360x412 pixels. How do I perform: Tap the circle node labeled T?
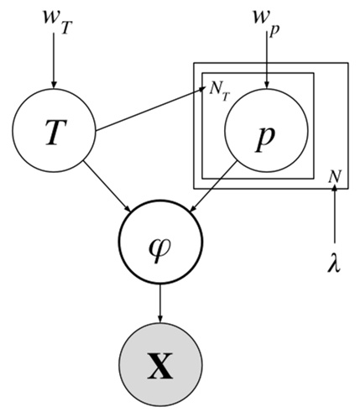click(54, 132)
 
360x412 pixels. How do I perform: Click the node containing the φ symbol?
click(159, 248)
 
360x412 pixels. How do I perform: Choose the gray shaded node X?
click(159, 367)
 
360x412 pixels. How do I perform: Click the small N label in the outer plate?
click(333, 175)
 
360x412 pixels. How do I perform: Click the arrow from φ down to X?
click(159, 306)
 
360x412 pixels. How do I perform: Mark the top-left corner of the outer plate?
click(193, 63)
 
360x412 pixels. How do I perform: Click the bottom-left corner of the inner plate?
click(202, 179)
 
